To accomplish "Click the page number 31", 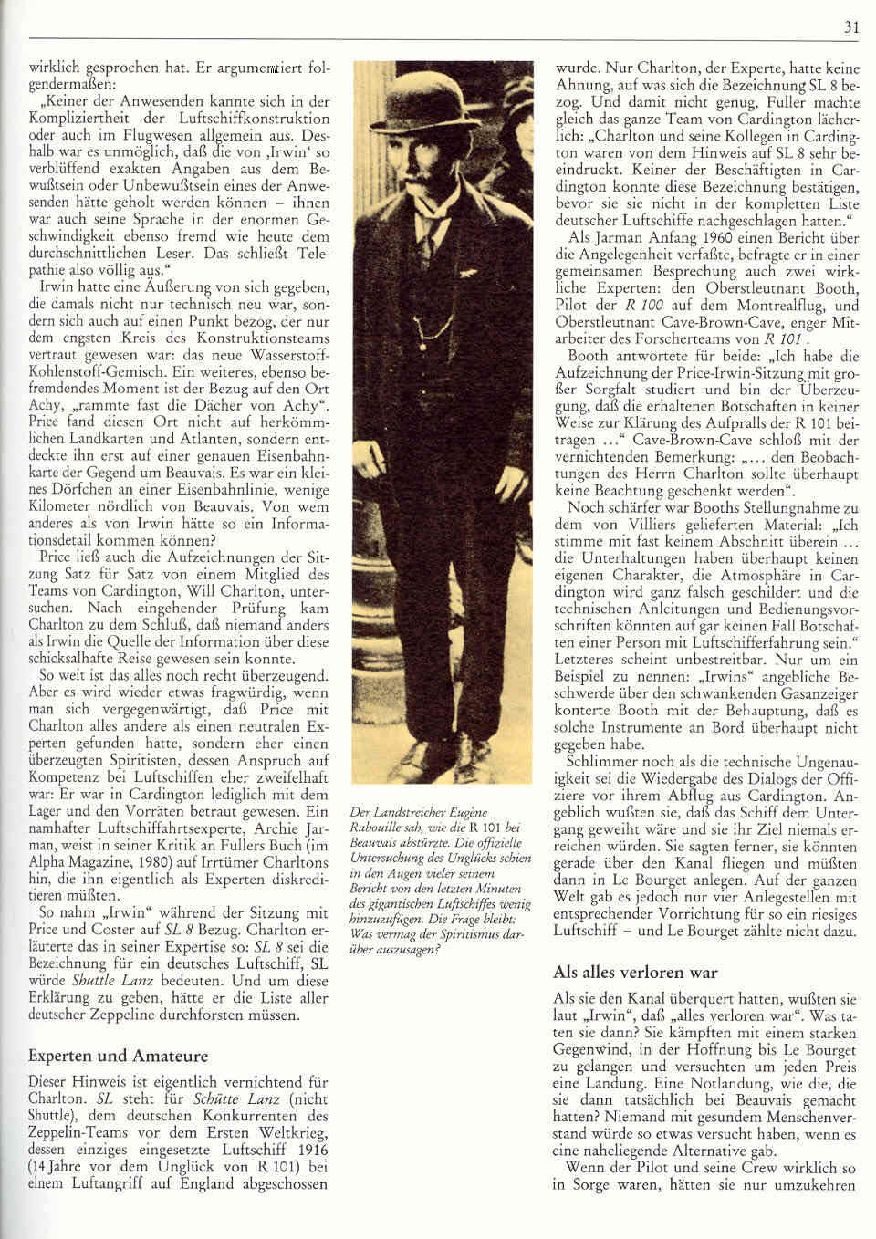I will coord(850,27).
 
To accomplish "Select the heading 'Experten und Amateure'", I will coord(118,1056).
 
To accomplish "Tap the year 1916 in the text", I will coord(310,1150).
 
